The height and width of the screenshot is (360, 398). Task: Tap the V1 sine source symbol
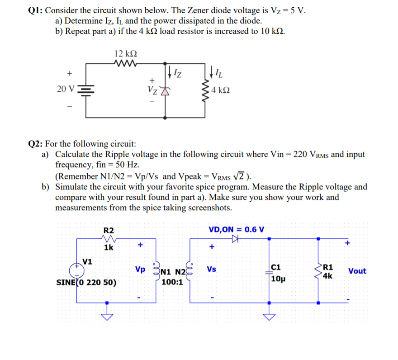coord(76,270)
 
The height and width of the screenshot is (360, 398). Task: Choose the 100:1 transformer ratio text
coord(172,283)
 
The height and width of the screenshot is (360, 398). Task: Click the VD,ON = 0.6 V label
coord(237,229)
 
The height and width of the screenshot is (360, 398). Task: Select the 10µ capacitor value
coord(278,278)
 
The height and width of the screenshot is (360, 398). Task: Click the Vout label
coord(357,271)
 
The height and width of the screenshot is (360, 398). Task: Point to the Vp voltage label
coord(140,270)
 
